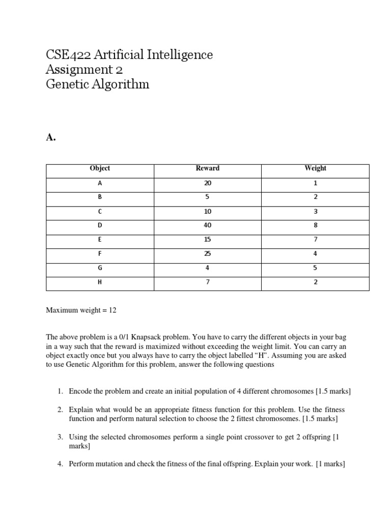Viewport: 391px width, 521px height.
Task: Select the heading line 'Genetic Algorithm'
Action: click(x=97, y=84)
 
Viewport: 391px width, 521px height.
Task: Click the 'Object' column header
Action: click(x=100, y=168)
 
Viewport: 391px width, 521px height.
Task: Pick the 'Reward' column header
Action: click(x=207, y=168)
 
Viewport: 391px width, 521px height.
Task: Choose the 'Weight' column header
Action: click(x=315, y=168)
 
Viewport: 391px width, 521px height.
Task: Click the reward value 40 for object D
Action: click(x=207, y=225)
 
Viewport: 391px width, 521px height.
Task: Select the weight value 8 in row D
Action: click(x=315, y=225)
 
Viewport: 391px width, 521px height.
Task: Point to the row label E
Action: click(x=100, y=240)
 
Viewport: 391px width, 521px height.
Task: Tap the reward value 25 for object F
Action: click(x=207, y=254)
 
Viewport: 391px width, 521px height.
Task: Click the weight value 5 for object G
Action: click(x=315, y=268)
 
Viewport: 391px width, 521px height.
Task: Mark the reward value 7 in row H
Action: click(x=207, y=282)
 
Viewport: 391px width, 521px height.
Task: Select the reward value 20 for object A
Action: click(x=207, y=183)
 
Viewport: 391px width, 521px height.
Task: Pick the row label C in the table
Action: click(x=100, y=211)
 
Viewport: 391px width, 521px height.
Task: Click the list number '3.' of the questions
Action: click(x=60, y=437)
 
